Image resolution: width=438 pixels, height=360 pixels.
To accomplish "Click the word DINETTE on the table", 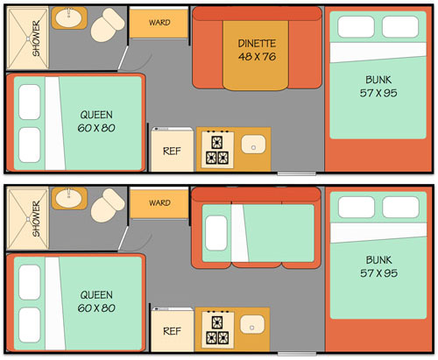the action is coord(257,44).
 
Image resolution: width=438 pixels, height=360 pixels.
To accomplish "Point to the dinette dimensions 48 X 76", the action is coord(257,56).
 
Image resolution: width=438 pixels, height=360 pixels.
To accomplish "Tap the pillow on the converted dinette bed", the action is coord(216,233).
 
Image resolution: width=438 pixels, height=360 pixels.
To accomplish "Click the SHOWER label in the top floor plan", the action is coord(36,39).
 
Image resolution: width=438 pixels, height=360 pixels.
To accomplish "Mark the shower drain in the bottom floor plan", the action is coord(28,219).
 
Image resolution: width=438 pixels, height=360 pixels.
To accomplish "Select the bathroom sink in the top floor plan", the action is coord(69,18).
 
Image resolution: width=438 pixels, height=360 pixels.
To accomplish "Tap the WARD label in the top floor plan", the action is coord(159,23).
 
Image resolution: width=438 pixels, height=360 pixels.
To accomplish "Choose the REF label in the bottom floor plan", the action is coord(172,331).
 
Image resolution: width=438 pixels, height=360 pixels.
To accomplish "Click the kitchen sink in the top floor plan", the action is coord(253,145).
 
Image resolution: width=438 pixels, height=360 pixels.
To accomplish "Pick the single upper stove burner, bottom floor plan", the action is coord(217,323).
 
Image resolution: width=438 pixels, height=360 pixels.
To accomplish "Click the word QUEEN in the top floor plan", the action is coord(96,115).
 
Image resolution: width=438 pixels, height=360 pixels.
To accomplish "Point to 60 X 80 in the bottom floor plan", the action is coord(96,308).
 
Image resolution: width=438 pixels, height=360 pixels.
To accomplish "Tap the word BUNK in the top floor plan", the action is coord(378,80).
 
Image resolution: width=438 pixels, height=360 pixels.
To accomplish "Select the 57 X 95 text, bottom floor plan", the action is coord(378,273).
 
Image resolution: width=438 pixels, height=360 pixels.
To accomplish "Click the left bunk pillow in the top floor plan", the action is coord(356,27).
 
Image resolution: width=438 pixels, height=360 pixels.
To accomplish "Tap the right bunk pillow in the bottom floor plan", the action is coord(400,207).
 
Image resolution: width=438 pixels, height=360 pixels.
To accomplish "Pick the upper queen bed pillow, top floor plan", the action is coord(30,102).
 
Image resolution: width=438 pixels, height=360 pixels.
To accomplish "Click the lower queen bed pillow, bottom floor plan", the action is coord(30,325).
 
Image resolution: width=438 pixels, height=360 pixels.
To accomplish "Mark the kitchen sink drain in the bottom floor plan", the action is coord(252,328).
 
